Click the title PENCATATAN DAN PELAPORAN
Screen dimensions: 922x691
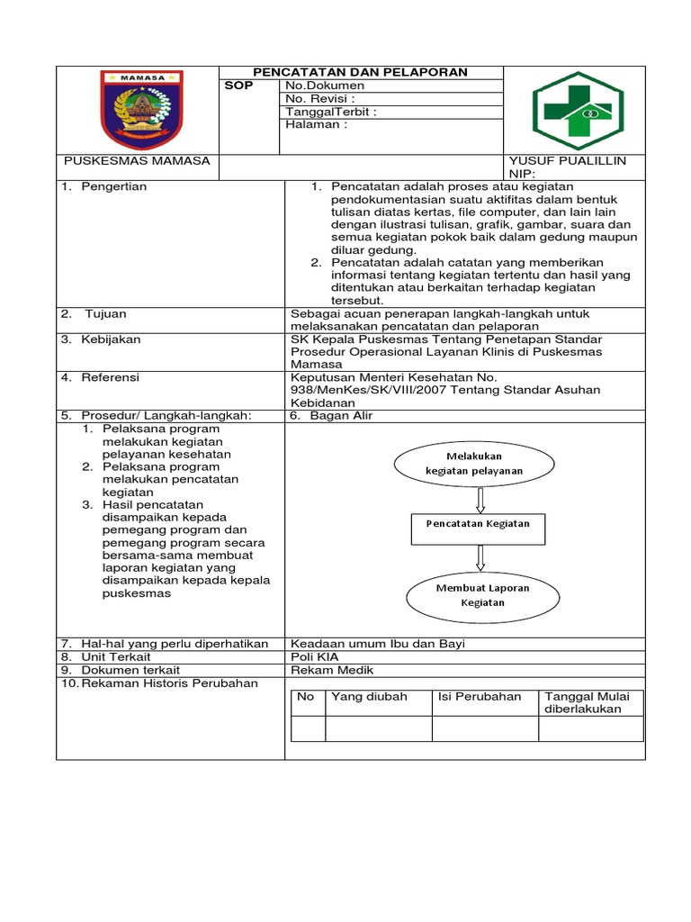360,72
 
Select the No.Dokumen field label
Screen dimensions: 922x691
325,86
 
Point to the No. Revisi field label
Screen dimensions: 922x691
319,98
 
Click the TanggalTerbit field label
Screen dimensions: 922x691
330,112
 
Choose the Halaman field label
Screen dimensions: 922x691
316,125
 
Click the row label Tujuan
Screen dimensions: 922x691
105,313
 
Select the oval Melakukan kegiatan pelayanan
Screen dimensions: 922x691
473,463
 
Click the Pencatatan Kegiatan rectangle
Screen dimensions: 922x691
478,524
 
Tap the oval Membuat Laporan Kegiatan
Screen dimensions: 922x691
482,595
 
